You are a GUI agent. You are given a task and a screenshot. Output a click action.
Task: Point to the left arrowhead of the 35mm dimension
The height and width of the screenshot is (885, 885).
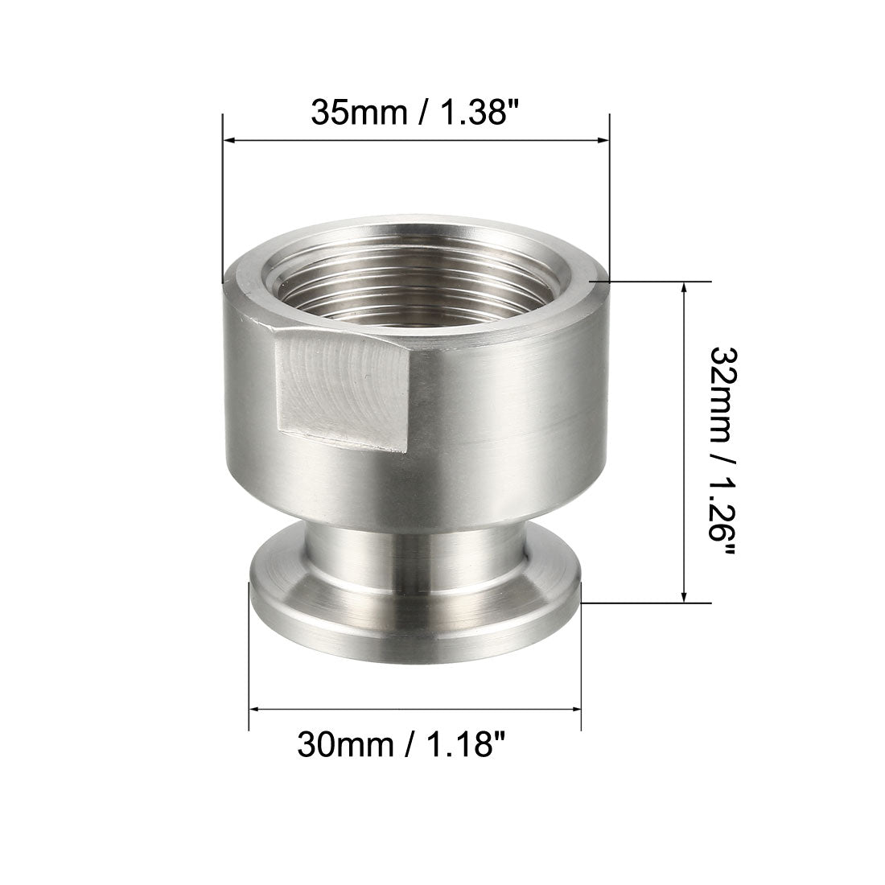229,142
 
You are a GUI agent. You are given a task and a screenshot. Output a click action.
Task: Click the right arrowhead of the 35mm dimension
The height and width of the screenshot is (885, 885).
603,142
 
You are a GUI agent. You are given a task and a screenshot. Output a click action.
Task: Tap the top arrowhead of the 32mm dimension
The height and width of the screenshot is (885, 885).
684,288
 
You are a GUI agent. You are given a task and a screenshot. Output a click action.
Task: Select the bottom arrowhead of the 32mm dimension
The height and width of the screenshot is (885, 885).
684,595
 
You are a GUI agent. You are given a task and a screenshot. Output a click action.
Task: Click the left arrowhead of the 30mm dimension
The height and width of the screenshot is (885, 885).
256,709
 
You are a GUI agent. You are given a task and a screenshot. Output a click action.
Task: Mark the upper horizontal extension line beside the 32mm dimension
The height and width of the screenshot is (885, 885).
652,281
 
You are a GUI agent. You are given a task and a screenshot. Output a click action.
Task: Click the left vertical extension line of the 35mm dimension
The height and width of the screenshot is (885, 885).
222,201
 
